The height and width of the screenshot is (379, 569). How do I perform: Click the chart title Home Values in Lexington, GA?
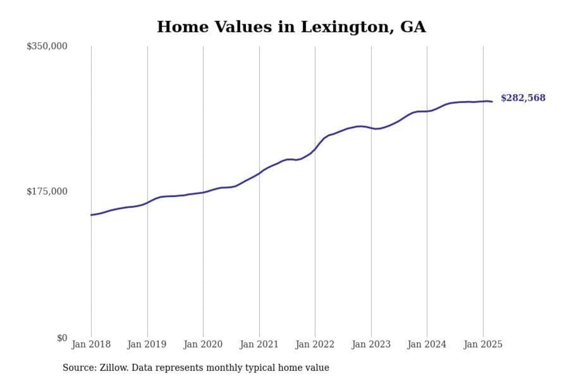[x=291, y=27]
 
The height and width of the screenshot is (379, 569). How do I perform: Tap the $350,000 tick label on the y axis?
[x=47, y=46]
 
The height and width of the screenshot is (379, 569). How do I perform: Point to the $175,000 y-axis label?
[x=47, y=191]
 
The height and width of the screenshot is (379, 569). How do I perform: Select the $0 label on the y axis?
[x=62, y=338]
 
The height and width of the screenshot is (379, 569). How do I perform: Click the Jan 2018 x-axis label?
[x=91, y=344]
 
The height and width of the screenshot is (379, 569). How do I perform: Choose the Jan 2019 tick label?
[x=147, y=344]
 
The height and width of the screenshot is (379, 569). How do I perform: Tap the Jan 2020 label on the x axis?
[x=203, y=344]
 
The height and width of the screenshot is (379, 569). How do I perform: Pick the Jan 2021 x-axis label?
[x=259, y=344]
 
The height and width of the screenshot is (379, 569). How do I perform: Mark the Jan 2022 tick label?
[x=315, y=344]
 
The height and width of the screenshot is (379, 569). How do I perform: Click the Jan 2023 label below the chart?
[x=371, y=344]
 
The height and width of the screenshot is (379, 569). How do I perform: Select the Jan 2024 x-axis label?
[x=427, y=344]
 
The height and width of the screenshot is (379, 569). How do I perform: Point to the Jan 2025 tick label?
[x=483, y=344]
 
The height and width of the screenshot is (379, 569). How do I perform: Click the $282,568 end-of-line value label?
[x=523, y=98]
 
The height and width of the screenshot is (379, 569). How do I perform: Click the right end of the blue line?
[x=492, y=102]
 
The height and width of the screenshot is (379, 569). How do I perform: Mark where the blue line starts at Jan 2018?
[x=91, y=215]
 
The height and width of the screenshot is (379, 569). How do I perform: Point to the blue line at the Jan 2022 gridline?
[x=315, y=149]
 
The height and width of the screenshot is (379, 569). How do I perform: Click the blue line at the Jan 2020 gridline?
[x=203, y=192]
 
